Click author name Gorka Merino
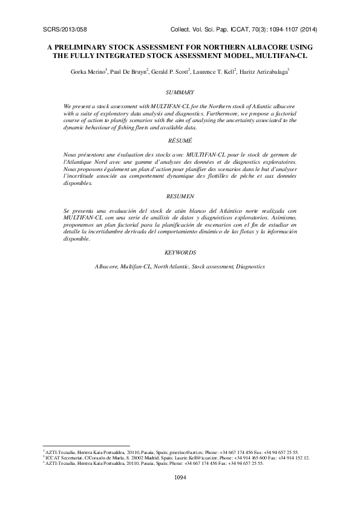(x=89, y=71)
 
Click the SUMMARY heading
(x=180, y=92)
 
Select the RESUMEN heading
(x=180, y=196)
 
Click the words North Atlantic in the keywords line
(x=172, y=266)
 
